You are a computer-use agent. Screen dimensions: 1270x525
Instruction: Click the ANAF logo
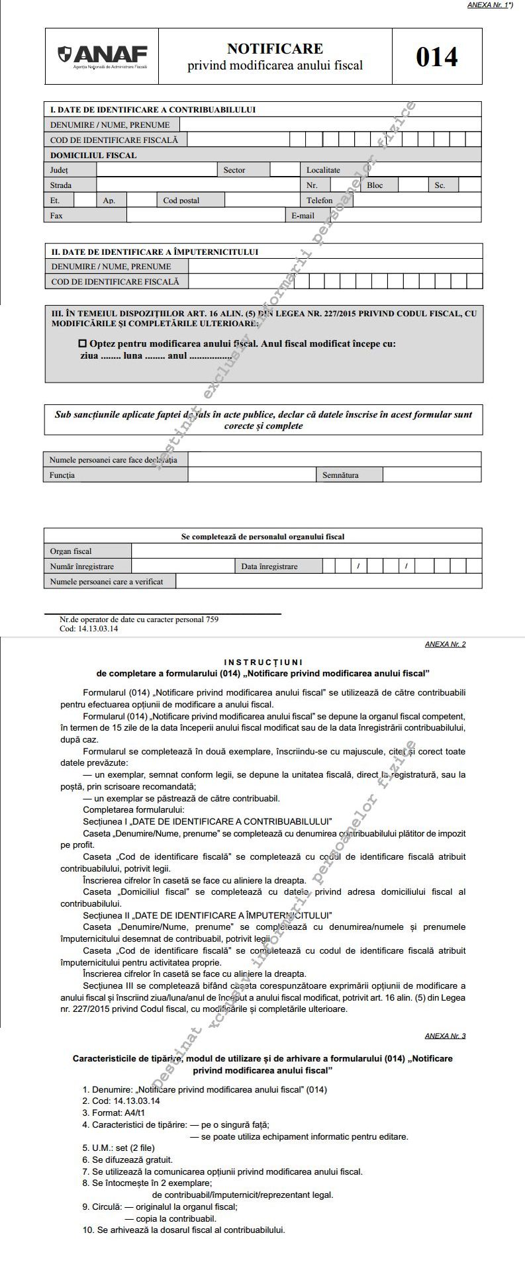coord(103,56)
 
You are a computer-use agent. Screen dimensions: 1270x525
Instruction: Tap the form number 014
coord(436,57)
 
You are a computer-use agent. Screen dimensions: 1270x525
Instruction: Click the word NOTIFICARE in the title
coord(275,48)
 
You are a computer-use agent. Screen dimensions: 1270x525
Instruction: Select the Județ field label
coord(59,170)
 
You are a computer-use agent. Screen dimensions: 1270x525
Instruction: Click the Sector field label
coord(234,170)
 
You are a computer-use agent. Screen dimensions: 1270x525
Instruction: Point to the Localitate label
coord(323,170)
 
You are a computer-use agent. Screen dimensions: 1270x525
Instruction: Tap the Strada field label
coord(61,185)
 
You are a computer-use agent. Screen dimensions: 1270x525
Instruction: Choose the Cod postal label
coord(181,201)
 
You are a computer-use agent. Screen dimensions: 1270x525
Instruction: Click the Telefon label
coord(319,201)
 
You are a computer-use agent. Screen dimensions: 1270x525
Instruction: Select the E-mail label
coord(303,216)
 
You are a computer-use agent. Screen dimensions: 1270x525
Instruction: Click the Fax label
coord(56,216)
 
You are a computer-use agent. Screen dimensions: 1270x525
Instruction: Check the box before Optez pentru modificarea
coord(83,344)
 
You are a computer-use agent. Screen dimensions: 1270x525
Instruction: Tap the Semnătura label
coord(340,475)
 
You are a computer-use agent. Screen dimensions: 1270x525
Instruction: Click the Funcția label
coord(62,475)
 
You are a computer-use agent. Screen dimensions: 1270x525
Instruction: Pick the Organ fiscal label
coord(71,551)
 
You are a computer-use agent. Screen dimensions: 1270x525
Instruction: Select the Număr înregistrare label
coord(82,567)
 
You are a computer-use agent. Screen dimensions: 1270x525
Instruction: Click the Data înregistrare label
coord(269,567)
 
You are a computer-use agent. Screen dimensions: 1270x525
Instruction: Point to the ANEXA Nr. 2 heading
coord(445,644)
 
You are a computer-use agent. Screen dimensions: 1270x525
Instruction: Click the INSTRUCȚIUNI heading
coord(263,662)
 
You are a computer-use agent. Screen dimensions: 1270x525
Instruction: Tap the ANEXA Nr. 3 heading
coord(445,1036)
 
